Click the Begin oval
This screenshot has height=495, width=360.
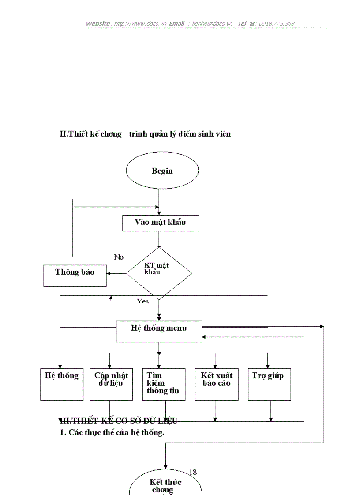tap(162, 171)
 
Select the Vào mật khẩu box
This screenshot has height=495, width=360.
tap(160, 223)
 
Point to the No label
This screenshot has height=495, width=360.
tap(119, 257)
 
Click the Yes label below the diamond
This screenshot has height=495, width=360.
tap(142, 301)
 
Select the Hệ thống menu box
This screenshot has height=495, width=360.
tap(159, 331)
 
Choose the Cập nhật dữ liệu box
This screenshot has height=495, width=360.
tap(111, 384)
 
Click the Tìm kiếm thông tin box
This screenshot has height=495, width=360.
tap(163, 384)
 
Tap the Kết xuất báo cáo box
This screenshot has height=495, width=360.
tap(216, 384)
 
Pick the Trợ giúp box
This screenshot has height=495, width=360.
tap(269, 384)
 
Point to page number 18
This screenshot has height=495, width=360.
tap(193, 472)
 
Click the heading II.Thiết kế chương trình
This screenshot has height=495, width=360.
tap(145, 134)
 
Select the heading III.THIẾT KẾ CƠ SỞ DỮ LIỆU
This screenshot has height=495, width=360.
tap(119, 421)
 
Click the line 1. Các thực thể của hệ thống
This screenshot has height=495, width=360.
tap(112, 432)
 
